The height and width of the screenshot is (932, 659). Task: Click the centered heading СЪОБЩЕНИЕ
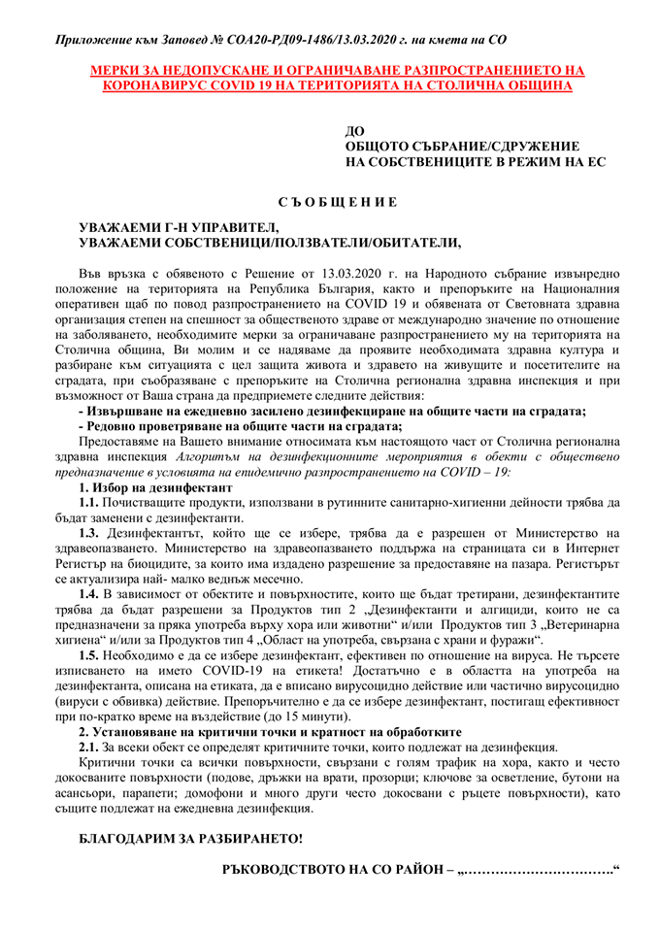tap(330, 202)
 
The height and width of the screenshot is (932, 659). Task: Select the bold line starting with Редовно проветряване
tap(240, 425)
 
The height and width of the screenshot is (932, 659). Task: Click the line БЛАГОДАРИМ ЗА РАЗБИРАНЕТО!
tap(190, 838)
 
